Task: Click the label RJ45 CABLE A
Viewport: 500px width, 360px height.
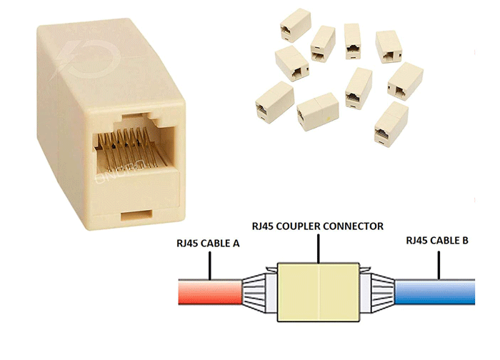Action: [x=207, y=244]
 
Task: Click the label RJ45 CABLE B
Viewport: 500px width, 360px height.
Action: [x=436, y=241]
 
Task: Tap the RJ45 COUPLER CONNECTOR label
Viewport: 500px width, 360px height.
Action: [x=318, y=226]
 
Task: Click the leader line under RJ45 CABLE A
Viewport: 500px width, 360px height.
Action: [x=209, y=264]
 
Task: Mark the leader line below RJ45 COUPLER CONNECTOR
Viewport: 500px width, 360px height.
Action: [x=318, y=246]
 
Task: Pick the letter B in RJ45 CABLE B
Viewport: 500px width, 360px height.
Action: [x=465, y=241]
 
